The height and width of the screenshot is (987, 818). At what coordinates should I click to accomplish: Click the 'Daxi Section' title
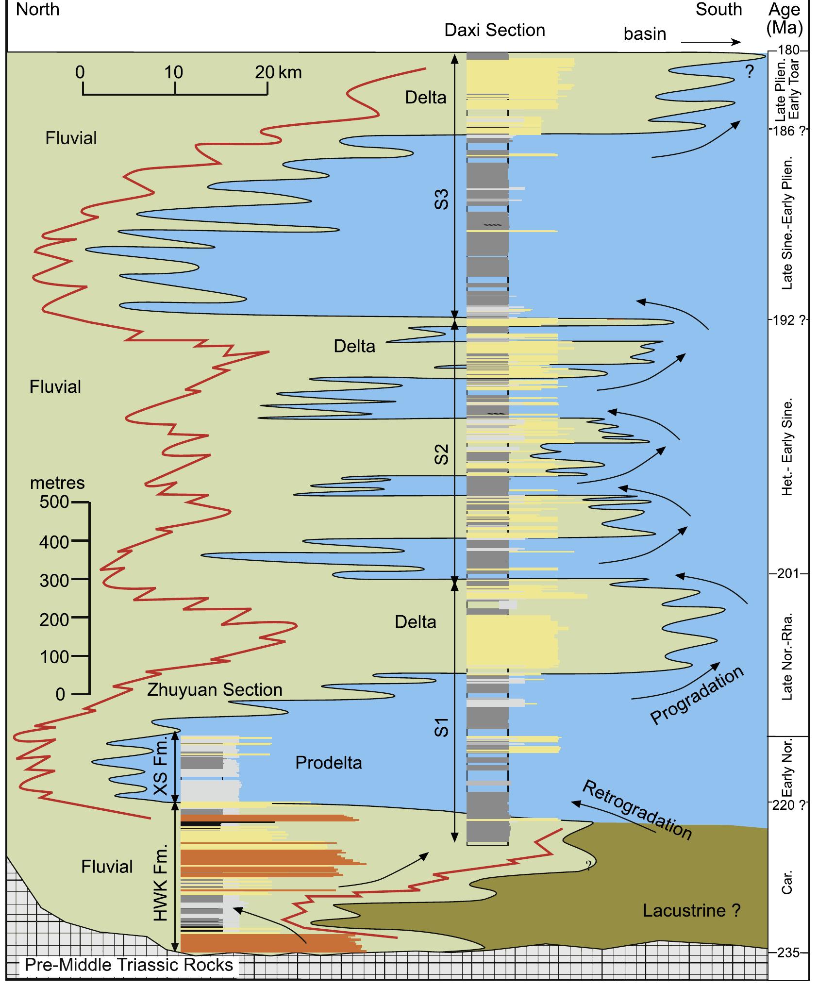tap(494, 30)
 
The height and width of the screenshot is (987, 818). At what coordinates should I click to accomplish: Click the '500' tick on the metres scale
tap(54, 502)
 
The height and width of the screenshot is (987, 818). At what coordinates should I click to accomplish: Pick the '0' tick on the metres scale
tap(60, 695)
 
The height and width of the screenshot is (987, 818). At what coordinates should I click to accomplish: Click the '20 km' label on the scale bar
tap(278, 73)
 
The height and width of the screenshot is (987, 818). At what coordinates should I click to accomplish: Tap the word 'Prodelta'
tap(329, 763)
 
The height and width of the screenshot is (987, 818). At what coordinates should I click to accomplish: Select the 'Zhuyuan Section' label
tap(215, 690)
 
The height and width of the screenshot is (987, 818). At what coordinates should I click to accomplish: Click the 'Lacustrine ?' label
tap(691, 910)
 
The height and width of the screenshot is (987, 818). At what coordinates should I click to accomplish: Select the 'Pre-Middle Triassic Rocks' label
tap(129, 965)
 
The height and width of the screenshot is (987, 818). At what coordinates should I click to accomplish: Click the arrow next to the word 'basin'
tap(711, 43)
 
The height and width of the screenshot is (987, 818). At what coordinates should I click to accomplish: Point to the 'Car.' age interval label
tap(787, 882)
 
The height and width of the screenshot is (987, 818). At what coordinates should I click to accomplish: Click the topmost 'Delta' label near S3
tap(425, 98)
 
